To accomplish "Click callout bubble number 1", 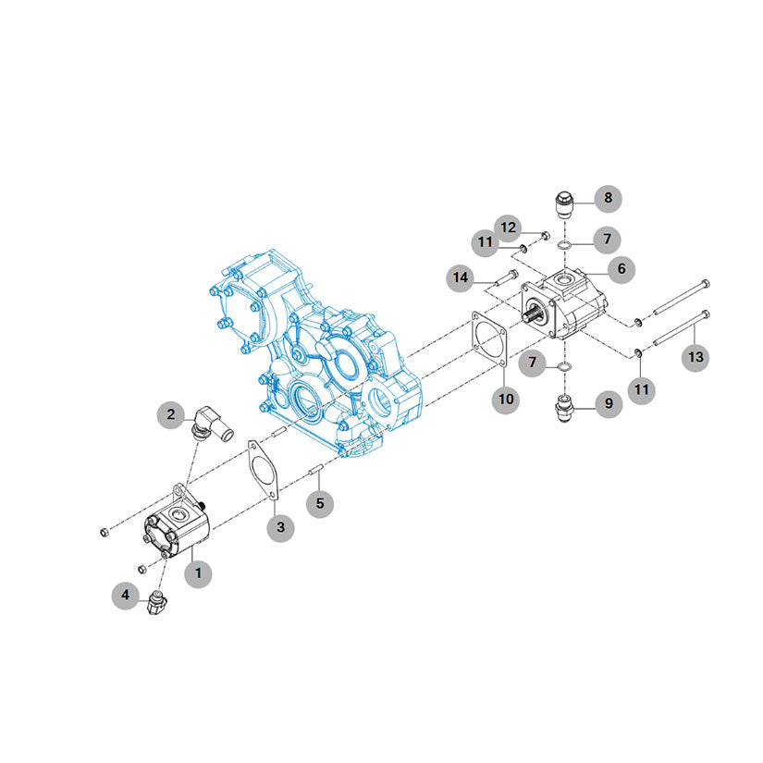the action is coord(198,573).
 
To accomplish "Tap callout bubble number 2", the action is coord(171,415).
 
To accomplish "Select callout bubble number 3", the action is coord(281,527).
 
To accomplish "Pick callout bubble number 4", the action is coord(126,595).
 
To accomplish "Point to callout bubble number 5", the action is coord(320,504).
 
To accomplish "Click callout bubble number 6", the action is coord(621,269).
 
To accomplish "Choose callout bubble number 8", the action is coord(608,199).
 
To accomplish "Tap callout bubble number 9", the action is coord(609,404).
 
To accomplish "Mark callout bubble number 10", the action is coord(506,400).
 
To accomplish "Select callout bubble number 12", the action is coord(508,228).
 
